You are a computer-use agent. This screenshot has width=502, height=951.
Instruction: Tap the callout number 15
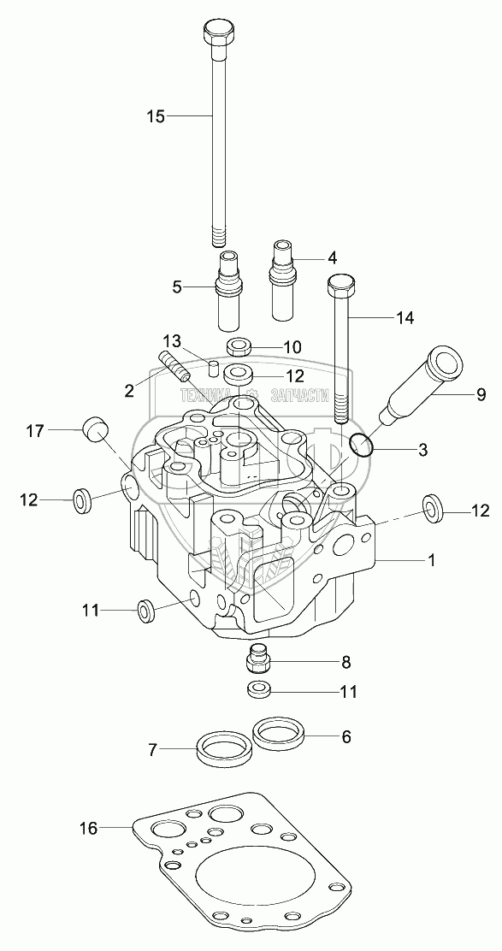point(156,115)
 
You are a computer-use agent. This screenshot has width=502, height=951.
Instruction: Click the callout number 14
point(405,317)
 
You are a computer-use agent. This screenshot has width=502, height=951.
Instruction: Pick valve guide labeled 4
point(282,280)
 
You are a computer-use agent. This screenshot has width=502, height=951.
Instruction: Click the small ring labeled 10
point(240,347)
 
